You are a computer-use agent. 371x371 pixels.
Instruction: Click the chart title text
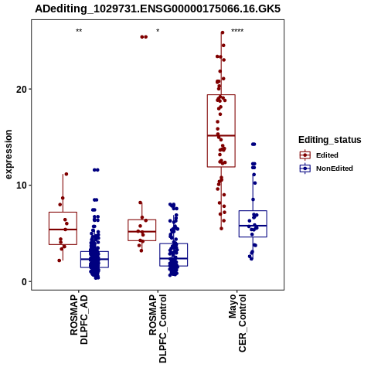[x=158, y=9]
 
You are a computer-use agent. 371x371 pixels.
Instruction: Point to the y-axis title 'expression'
[x=9, y=155]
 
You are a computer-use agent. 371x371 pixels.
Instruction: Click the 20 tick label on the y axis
[x=22, y=90]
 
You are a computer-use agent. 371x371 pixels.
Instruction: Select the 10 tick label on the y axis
[x=22, y=185]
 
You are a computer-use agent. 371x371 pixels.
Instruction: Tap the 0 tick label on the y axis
[x=24, y=282]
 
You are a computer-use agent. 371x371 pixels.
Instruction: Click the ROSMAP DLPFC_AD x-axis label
[x=79, y=319]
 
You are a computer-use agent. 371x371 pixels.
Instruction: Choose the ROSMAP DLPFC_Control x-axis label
[x=158, y=328]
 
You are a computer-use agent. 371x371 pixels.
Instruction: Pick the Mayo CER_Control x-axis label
[x=237, y=323]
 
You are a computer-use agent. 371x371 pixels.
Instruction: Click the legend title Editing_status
[x=330, y=140]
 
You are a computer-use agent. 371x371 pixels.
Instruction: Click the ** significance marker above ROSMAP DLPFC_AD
[x=79, y=31]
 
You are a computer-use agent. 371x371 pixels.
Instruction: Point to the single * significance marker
[x=158, y=31]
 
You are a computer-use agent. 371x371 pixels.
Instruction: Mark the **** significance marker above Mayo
[x=237, y=31]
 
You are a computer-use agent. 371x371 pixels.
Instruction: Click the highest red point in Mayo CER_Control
[x=223, y=32]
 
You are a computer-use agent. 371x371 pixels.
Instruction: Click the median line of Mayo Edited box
[x=221, y=135]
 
